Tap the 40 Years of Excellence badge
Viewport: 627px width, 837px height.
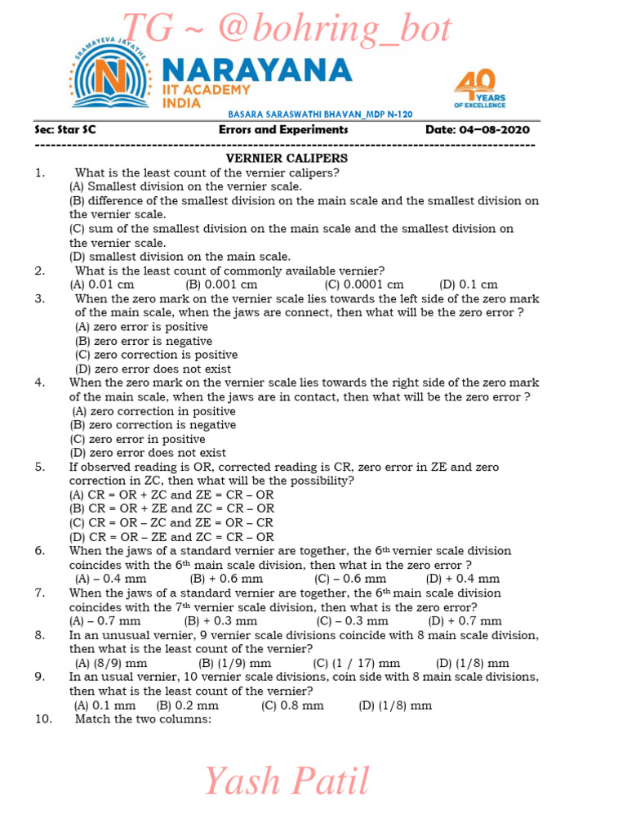(480, 88)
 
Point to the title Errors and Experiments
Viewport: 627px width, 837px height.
(283, 130)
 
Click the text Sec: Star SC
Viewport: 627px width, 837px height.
(65, 130)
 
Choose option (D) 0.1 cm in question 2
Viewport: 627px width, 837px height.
(468, 284)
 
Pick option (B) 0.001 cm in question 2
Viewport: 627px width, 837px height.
(221, 284)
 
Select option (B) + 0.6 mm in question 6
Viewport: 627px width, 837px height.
(218, 579)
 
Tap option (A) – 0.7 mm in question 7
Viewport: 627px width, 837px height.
(105, 620)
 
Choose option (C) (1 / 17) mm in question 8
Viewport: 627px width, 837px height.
(357, 663)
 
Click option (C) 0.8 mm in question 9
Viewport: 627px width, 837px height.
(292, 705)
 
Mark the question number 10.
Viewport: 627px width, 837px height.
(43, 719)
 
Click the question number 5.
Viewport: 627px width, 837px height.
(39, 467)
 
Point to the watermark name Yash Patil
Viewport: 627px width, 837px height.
(286, 781)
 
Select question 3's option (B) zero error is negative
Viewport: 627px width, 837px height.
(144, 341)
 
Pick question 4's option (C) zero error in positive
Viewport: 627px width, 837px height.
(137, 439)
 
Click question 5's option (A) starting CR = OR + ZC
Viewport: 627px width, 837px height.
(171, 495)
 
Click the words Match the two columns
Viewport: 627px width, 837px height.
(143, 719)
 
